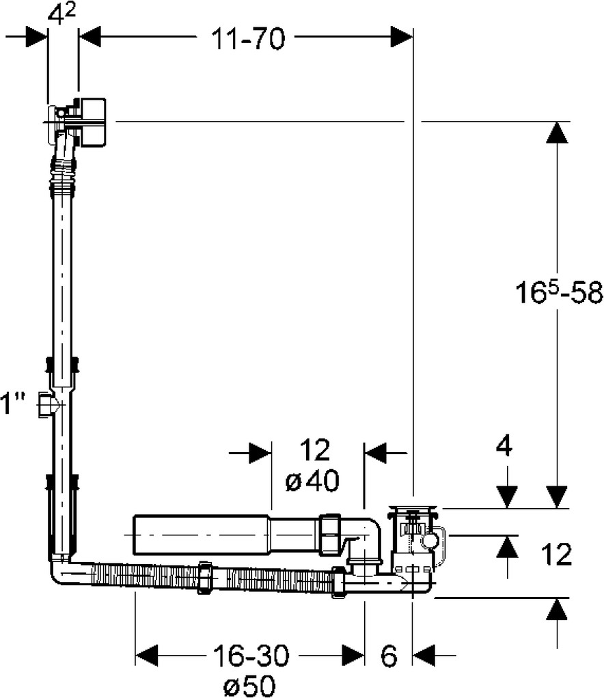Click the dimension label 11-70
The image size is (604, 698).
[247, 38]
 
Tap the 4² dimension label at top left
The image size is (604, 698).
[62, 16]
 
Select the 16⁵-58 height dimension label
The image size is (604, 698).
[559, 292]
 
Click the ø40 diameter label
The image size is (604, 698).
[312, 481]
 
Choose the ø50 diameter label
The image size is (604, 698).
[249, 684]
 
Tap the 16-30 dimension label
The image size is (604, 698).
[251, 655]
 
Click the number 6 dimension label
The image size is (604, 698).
[389, 655]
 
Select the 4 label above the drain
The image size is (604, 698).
[504, 445]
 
